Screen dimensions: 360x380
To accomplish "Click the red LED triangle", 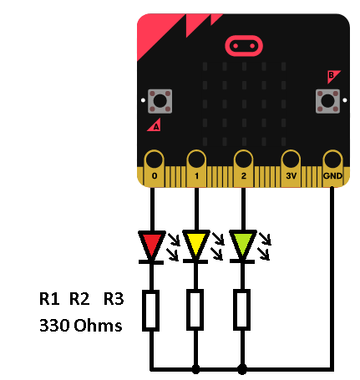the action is coord(152,245).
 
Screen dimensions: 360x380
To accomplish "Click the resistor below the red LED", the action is coord(151,311).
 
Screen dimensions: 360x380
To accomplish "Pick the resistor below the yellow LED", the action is coord(195,310).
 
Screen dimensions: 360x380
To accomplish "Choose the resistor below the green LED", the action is coord(241,310).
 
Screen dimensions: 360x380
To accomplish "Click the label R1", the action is coord(49,299).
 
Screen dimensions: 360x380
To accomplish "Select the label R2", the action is coord(79,299).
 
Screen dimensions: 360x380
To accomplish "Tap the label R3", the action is coord(114,299).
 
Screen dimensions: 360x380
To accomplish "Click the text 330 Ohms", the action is coord(81,325).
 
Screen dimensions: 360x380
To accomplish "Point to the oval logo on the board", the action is coord(244,46).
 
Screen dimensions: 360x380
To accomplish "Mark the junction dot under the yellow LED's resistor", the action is coord(195,369).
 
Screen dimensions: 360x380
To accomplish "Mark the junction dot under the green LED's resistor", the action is coord(242,369).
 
